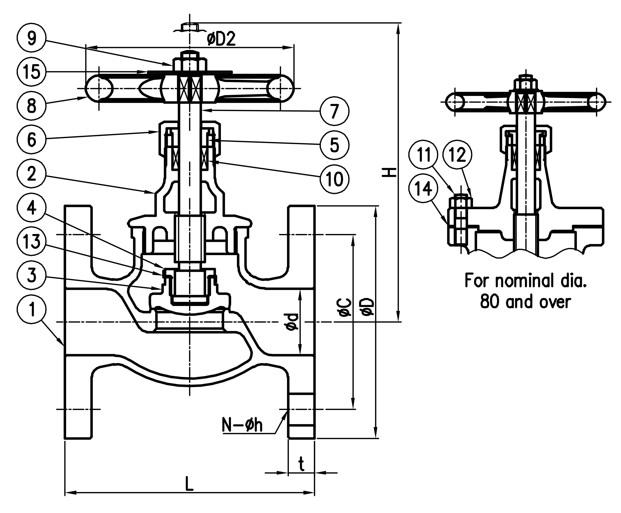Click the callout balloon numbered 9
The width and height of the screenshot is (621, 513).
(x=32, y=39)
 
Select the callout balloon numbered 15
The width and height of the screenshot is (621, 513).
(x=32, y=72)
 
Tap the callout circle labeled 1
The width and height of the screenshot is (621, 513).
(x=32, y=311)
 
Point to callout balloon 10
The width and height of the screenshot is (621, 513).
(x=335, y=179)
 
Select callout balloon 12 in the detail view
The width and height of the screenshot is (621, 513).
(x=457, y=154)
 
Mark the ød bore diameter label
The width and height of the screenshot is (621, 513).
(x=293, y=322)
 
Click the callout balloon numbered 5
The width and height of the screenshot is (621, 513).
(x=335, y=145)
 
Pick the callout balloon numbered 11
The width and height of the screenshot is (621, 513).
(x=424, y=154)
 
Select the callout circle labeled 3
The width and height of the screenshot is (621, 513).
(x=32, y=276)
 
